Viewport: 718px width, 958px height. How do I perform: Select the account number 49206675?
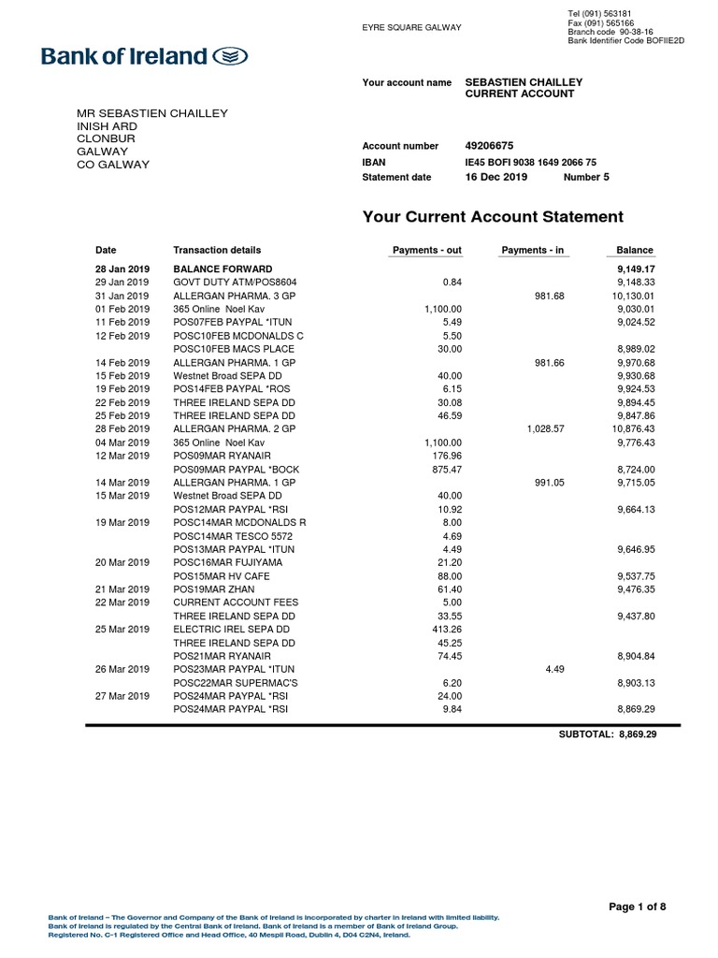[x=489, y=146]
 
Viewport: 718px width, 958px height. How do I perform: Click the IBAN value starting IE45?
[x=530, y=162]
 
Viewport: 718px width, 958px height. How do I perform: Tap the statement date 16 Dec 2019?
[x=495, y=177]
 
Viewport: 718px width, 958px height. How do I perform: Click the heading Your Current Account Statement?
[x=492, y=217]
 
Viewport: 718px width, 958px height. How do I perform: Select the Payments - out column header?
[x=425, y=251]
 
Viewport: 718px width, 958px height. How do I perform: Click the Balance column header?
[x=635, y=251]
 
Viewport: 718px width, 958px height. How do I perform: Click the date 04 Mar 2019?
[x=122, y=442]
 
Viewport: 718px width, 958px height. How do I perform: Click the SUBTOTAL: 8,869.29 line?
[x=608, y=734]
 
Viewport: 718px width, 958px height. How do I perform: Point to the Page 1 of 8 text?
[x=637, y=907]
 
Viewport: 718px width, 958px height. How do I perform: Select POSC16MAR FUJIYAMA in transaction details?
[x=227, y=562]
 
